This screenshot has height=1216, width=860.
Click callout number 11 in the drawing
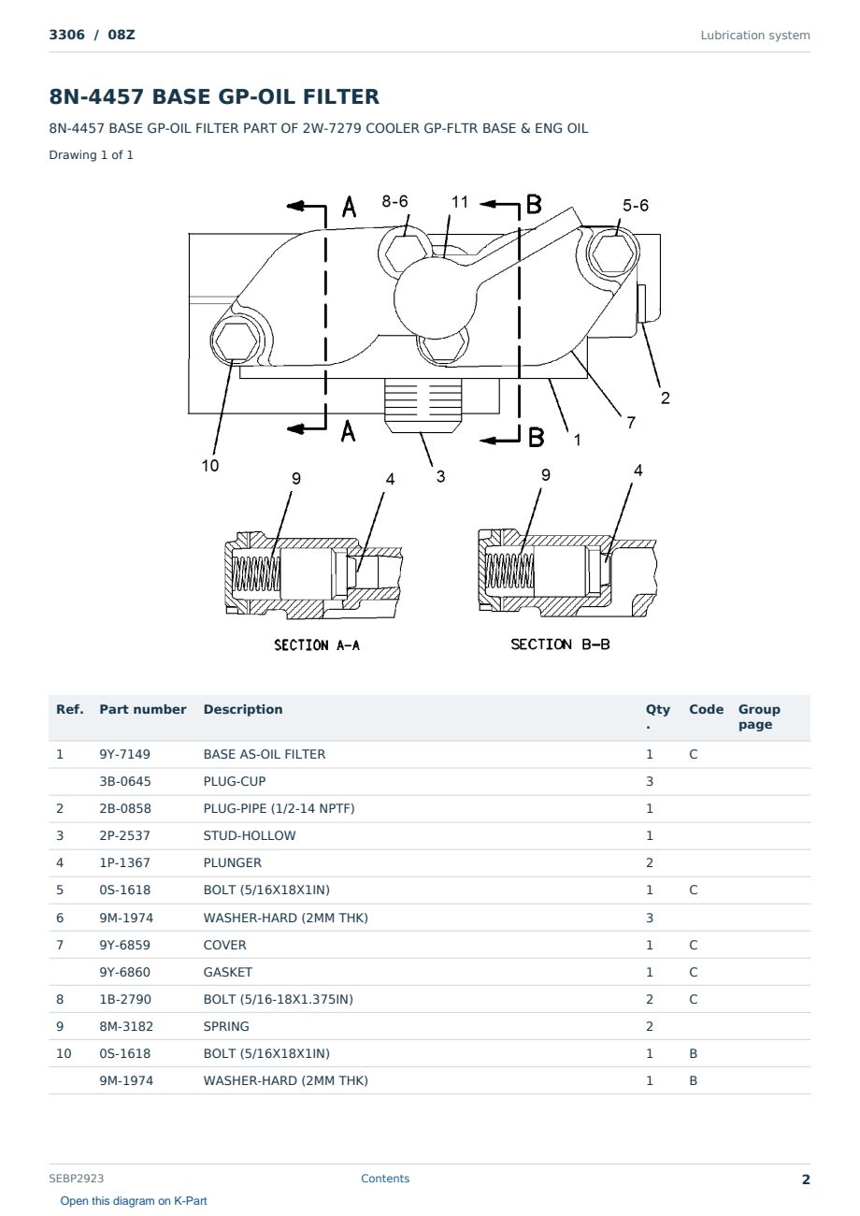tap(460, 202)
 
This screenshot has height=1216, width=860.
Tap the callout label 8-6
tap(394, 201)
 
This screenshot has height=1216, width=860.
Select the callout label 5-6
tap(636, 205)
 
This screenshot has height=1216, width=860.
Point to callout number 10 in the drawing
tap(210, 465)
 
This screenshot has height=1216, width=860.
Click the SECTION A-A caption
tap(317, 644)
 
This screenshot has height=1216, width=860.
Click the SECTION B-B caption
tap(560, 644)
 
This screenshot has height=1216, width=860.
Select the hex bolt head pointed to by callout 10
tap(236, 341)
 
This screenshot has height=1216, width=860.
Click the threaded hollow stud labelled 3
tap(423, 405)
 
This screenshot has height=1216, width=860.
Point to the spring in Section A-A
tap(256, 574)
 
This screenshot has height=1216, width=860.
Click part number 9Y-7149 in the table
tap(124, 754)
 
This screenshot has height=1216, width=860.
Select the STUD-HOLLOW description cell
tap(250, 835)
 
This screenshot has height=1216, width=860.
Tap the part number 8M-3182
tap(126, 1026)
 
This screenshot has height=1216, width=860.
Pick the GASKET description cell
tap(228, 972)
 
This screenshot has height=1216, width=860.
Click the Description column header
tap(243, 710)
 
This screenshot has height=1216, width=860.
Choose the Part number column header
tap(143, 710)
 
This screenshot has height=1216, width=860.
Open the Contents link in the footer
tap(385, 1179)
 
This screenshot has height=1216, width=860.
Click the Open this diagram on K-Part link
tap(134, 1201)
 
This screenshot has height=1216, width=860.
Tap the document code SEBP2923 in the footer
tap(76, 1179)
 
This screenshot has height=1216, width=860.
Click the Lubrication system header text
tap(755, 36)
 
